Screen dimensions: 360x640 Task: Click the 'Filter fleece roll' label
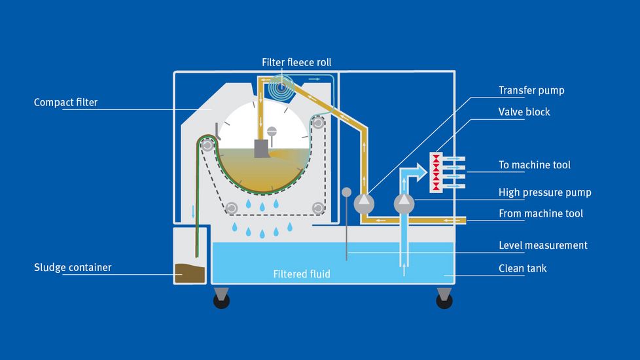pyautogui.click(x=296, y=63)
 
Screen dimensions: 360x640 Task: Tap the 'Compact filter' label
pyautogui.click(x=65, y=103)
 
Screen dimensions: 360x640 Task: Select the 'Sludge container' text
pyautogui.click(x=73, y=267)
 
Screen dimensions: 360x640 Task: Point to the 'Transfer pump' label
pyautogui.click(x=531, y=90)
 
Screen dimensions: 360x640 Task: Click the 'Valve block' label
pyautogui.click(x=524, y=112)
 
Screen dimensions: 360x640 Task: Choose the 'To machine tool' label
pyautogui.click(x=534, y=165)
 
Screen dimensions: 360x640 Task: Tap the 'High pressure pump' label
pyautogui.click(x=544, y=192)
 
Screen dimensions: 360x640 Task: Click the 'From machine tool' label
pyautogui.click(x=541, y=213)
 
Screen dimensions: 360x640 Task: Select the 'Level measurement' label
pyautogui.click(x=542, y=245)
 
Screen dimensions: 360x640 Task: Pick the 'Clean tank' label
pyautogui.click(x=522, y=268)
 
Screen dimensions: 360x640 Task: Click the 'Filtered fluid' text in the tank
pyautogui.click(x=301, y=274)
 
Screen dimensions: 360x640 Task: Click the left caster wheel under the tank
pyautogui.click(x=222, y=300)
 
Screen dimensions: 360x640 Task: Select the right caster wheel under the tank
pyautogui.click(x=444, y=300)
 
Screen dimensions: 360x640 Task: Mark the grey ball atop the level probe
pyautogui.click(x=346, y=192)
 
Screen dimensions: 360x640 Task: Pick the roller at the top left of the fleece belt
pyautogui.click(x=207, y=146)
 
